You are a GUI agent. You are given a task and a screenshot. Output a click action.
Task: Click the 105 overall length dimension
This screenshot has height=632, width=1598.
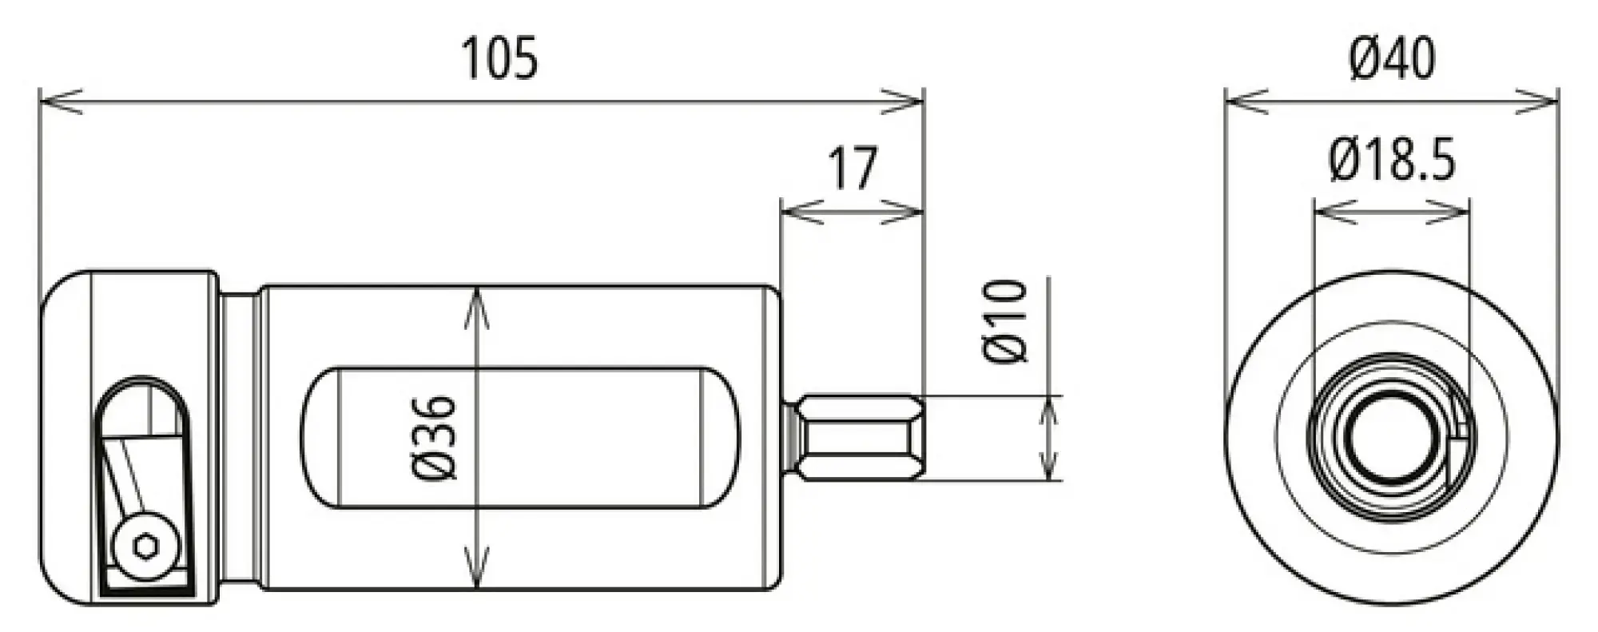pos(501,58)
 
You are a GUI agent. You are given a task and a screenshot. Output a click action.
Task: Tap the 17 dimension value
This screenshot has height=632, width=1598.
pos(853,168)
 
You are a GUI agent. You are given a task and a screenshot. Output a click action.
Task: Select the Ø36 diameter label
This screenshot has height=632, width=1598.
pos(435,437)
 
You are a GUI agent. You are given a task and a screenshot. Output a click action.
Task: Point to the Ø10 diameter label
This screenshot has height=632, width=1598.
pos(1004,321)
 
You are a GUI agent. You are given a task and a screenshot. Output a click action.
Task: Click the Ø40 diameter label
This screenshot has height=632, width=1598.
pos(1392,58)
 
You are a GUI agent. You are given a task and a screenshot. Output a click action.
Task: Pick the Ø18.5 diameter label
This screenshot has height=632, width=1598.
pos(1392,160)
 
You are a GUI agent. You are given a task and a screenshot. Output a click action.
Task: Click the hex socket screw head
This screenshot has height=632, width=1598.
pos(145,547)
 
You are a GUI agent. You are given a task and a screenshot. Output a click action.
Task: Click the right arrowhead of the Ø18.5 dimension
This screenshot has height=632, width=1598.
pos(1451,212)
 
